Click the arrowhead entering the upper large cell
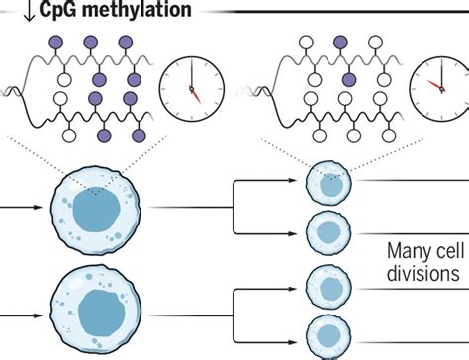coord(45,209)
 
